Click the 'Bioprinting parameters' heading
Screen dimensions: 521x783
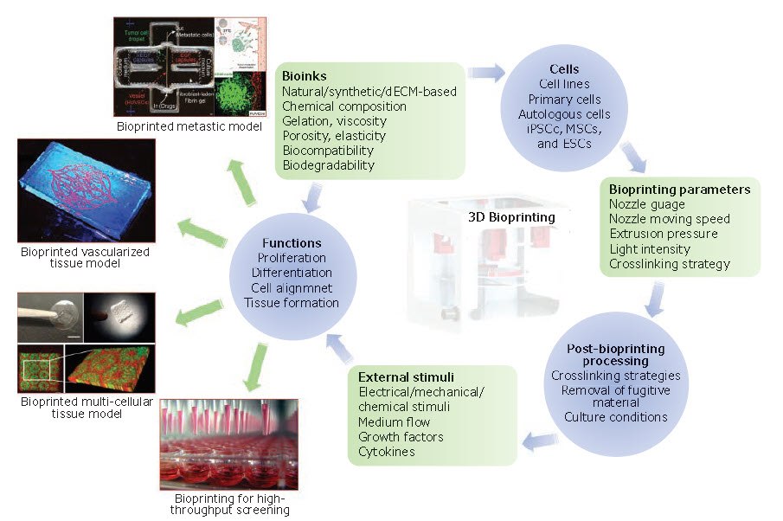679,190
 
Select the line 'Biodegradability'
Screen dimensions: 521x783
328,164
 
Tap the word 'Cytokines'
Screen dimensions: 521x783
386,451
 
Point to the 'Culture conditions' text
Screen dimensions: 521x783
615,417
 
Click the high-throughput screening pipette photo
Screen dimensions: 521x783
228,444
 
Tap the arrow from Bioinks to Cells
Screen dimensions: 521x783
487,73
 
